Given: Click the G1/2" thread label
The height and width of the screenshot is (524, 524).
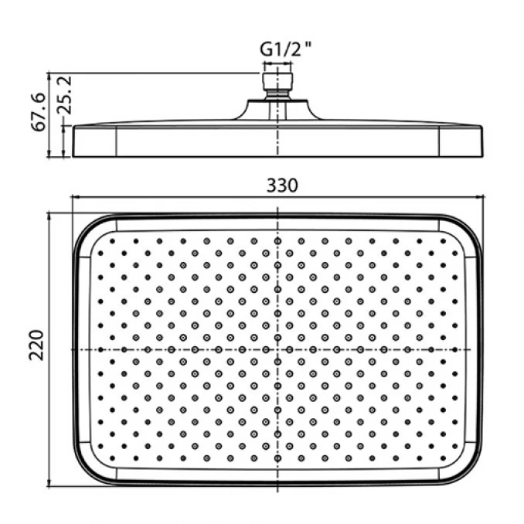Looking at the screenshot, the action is [285, 49].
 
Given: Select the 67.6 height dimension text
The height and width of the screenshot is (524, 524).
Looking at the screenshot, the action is [38, 112].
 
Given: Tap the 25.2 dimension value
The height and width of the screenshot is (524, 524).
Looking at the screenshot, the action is [64, 95].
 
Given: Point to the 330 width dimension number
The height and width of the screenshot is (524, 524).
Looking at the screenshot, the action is [282, 185].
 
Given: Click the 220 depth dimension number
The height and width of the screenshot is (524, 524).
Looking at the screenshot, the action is [36, 345].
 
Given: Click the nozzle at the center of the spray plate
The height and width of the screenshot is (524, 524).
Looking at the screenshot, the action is [277, 349].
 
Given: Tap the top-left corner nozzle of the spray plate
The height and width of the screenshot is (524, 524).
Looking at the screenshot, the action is [112, 241].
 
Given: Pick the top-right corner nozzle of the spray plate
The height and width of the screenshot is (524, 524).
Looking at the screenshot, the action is [443, 241].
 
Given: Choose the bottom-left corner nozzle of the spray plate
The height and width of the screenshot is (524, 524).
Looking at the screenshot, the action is [112, 458].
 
